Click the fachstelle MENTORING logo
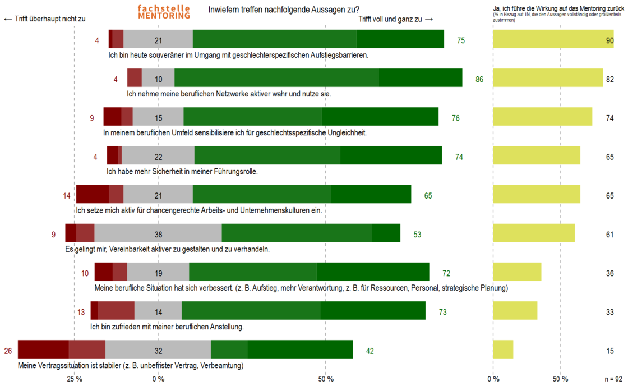(x=164, y=12)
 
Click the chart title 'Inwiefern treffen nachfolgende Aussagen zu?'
(x=284, y=10)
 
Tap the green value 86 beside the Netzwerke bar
(x=479, y=80)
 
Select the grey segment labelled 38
(x=158, y=235)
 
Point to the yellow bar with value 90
(x=553, y=40)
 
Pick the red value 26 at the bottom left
(x=8, y=351)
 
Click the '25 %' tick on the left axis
(x=75, y=379)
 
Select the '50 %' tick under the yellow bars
(x=560, y=379)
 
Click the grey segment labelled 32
(x=158, y=351)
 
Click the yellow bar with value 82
(x=548, y=79)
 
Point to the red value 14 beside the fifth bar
(x=67, y=196)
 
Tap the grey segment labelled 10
(x=158, y=79)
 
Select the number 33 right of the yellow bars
(x=609, y=313)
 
